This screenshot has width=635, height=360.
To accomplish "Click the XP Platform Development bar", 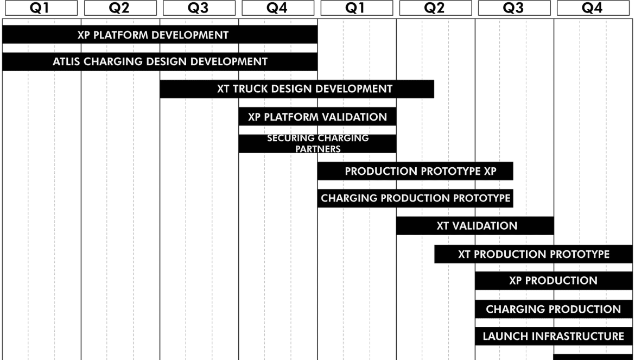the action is [160, 34].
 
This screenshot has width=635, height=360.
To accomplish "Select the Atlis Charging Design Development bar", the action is [160, 61].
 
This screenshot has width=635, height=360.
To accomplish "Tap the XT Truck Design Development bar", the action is [297, 89].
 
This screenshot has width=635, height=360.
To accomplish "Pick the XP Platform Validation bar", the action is [317, 117].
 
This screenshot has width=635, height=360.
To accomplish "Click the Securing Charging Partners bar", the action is [317, 144].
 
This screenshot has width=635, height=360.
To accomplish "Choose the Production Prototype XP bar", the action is [415, 171].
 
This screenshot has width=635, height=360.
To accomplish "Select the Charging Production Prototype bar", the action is [415, 198].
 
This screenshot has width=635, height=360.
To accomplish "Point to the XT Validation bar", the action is [475, 225].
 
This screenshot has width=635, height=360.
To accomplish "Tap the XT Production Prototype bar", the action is [534, 254].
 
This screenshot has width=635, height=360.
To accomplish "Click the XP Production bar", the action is [554, 281].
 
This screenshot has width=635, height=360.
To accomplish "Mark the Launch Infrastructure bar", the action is [554, 336].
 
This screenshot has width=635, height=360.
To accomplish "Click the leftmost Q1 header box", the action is [41, 8].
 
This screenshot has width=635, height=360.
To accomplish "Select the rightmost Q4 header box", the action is [593, 8].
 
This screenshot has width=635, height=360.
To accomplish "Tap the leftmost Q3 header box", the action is [199, 8].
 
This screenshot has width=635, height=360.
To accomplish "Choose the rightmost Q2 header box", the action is [435, 8].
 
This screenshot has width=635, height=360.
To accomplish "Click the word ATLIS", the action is [66, 61].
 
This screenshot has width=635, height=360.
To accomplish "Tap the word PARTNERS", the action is [318, 149].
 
